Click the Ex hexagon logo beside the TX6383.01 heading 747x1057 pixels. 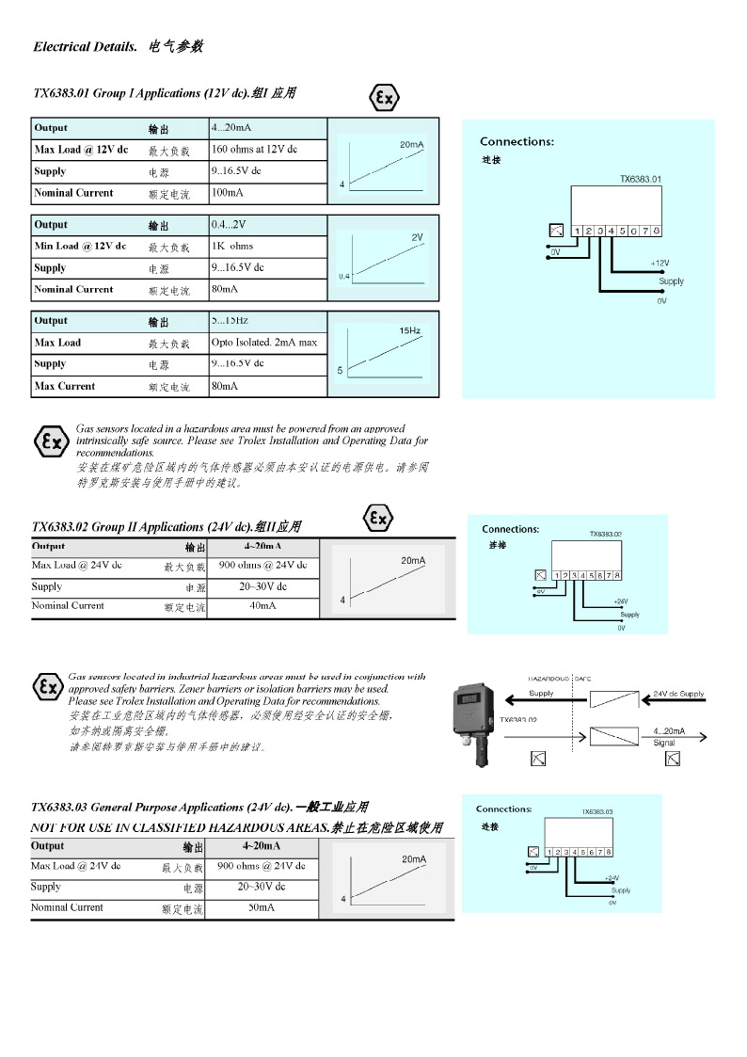coord(384,98)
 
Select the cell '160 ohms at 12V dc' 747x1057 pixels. coord(254,150)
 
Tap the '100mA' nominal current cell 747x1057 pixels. coord(228,193)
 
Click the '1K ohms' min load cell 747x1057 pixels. coord(232,247)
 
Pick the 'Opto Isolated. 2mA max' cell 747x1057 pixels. coord(264,343)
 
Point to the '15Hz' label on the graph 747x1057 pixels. coord(409,330)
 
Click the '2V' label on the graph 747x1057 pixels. coord(417,237)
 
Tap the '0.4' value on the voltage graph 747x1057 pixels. coord(343,276)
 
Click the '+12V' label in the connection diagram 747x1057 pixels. coord(660,264)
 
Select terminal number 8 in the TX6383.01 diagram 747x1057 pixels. coord(656,231)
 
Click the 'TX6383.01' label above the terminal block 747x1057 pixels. coord(640,179)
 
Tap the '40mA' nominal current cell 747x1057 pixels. coord(262,606)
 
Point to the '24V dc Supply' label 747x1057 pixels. coord(677,694)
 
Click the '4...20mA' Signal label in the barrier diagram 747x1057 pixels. coord(669,731)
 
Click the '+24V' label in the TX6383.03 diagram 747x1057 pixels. coord(612,878)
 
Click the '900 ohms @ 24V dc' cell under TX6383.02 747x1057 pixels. coord(262,566)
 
